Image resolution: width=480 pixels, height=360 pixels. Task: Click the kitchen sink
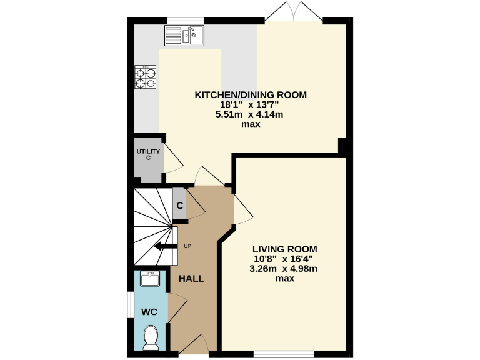[x=185, y=36]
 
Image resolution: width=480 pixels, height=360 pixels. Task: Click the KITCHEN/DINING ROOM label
[x=251, y=95]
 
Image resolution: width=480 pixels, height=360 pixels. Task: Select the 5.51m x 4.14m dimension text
[x=251, y=114]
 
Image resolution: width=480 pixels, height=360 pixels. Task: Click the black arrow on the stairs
[x=164, y=246]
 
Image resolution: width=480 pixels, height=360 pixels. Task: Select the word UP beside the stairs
[x=187, y=246]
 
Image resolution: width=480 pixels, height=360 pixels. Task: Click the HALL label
[x=191, y=278]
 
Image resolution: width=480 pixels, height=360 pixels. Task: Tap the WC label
[x=149, y=311]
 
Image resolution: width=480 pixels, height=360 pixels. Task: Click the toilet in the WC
[x=151, y=337]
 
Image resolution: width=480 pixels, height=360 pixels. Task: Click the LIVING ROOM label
[x=285, y=247]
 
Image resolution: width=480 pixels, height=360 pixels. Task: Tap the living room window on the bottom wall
[x=283, y=355]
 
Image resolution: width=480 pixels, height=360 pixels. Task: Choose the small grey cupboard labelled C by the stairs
[x=179, y=205]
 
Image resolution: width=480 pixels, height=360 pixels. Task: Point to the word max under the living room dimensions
[x=285, y=279]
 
